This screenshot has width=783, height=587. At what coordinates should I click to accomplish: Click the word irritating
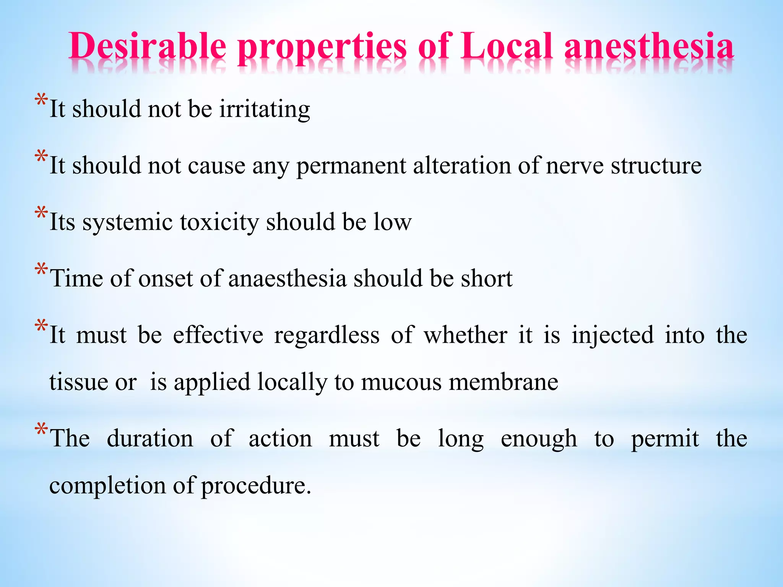tap(265, 109)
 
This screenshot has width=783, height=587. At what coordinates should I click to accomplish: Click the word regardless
tap(327, 336)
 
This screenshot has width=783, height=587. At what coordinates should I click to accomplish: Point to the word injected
tap(613, 336)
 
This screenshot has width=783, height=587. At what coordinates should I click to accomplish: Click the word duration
tap(150, 438)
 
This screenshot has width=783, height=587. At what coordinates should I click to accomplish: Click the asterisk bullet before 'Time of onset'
tap(41, 270)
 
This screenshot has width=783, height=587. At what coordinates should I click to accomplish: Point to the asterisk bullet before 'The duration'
tap(41, 430)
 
